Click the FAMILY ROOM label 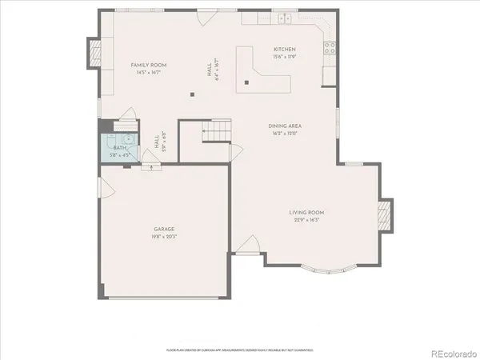click(x=148, y=64)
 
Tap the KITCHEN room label click(x=285, y=49)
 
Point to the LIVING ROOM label click(x=306, y=212)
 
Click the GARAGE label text click(x=165, y=229)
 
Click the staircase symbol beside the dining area click(x=216, y=131)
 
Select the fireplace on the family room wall click(x=94, y=55)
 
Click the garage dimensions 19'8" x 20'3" click(x=165, y=237)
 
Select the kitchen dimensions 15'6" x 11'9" click(x=285, y=57)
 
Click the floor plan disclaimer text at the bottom click(x=239, y=350)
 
